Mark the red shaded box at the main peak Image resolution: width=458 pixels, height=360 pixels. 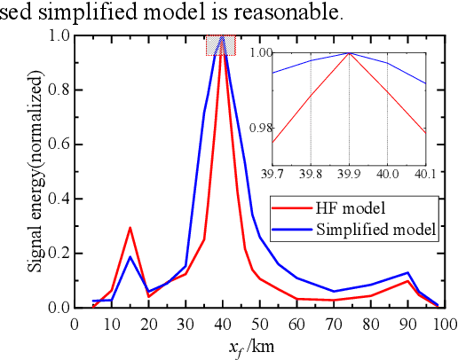click(220, 45)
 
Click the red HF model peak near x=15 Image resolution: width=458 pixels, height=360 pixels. click(130, 228)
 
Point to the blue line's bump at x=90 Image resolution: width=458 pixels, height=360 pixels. click(407, 273)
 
